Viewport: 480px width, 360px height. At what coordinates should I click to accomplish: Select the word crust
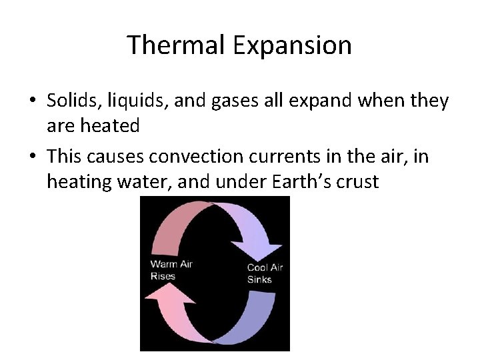tap(357, 181)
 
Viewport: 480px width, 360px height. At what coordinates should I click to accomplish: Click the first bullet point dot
tap(33, 102)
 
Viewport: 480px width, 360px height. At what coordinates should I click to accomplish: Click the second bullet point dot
tap(33, 157)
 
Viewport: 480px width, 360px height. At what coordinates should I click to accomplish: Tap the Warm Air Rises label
tap(171, 269)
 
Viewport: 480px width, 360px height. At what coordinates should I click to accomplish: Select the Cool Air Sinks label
tap(265, 273)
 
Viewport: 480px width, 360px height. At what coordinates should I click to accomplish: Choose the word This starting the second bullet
tap(63, 157)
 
